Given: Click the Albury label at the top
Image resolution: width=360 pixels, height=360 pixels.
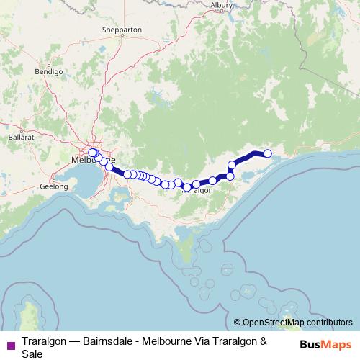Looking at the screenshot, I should pos(221,4).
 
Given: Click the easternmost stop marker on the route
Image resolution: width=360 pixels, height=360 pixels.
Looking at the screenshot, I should pos(268,153).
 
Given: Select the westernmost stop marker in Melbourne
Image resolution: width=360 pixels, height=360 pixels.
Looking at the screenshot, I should pos(91,152).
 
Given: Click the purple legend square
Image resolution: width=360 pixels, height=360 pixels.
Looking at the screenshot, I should pos(10,345).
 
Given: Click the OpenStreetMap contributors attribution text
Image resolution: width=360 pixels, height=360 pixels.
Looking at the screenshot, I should pos(297,323).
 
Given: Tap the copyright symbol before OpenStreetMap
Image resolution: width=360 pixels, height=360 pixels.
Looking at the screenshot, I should pos(238,323).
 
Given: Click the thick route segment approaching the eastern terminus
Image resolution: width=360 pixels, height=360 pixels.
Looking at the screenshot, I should pos(248,156).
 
